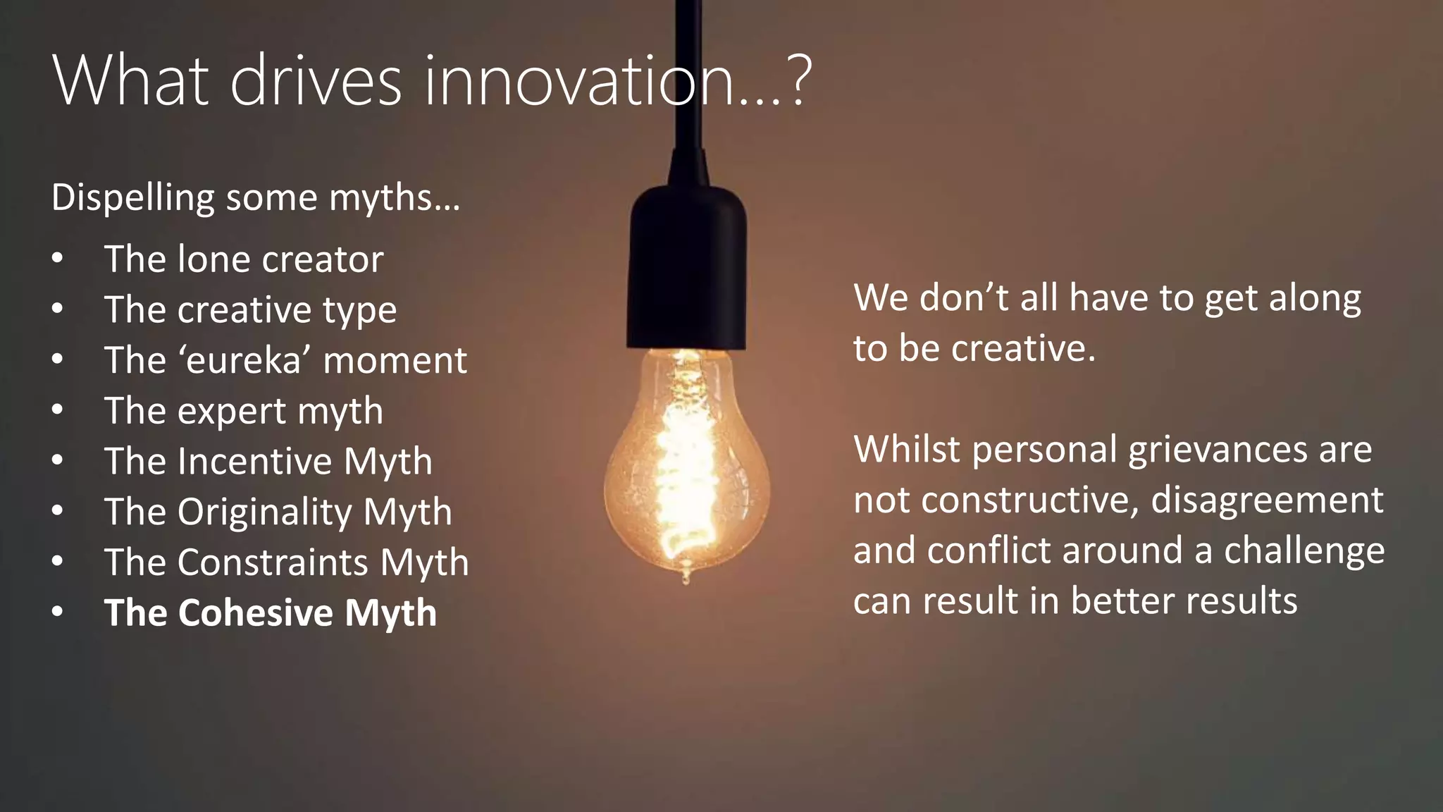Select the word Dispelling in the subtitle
click(132, 197)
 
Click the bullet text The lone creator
click(244, 259)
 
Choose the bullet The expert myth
click(244, 410)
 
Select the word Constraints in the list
click(273, 562)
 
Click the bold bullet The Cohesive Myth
click(271, 613)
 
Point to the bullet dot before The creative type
click(58, 309)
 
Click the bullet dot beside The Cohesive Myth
click(58, 612)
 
